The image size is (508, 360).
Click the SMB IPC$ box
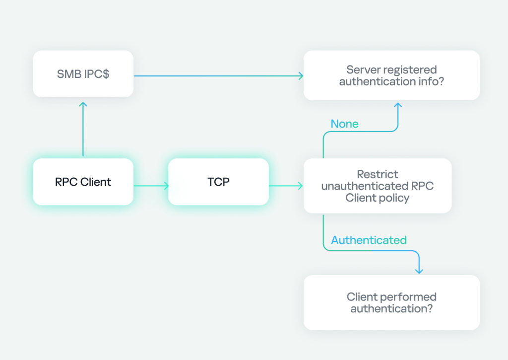pos(83,74)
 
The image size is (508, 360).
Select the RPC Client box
pos(83,182)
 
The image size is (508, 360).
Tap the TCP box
pos(218,182)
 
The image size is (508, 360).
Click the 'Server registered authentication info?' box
pos(391,75)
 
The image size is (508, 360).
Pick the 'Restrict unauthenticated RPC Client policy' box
pos(377,186)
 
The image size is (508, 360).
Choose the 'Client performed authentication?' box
pos(391,302)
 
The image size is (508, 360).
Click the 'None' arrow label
pos(344,124)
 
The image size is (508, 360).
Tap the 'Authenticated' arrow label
pos(369,240)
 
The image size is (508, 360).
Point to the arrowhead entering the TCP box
pos(166,186)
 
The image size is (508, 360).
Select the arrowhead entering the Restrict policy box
pos(300,186)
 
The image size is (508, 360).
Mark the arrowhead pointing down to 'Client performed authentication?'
pos(419,271)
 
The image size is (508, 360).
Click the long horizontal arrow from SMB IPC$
pos(218,75)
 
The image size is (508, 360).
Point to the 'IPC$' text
pos(97,74)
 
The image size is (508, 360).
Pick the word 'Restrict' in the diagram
pos(377,174)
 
